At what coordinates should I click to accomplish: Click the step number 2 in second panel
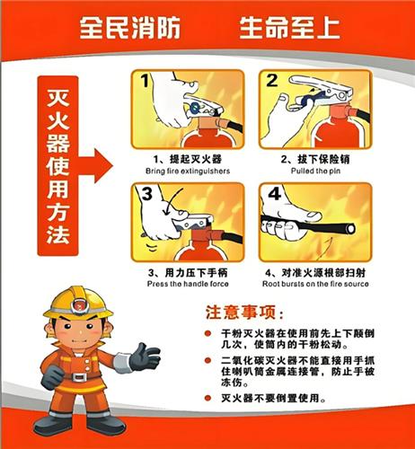point(271,83)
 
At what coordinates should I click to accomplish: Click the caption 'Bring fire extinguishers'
point(187,171)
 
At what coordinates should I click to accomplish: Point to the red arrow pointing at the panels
point(100,165)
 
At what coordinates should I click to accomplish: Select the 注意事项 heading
point(244,313)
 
